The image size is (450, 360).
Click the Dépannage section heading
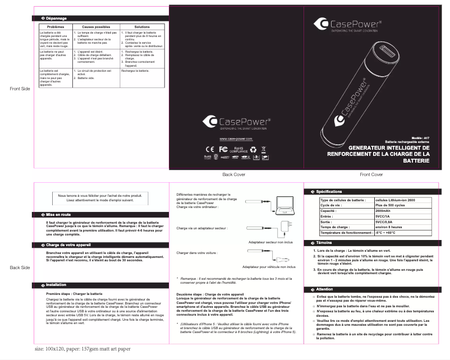point(55,19)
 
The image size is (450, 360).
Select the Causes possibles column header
point(96,27)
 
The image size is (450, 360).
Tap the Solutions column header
point(142,27)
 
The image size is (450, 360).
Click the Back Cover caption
point(233,175)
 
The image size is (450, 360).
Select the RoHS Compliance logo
point(237,150)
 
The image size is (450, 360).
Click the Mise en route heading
point(58,214)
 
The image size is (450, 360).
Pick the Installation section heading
point(56,285)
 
